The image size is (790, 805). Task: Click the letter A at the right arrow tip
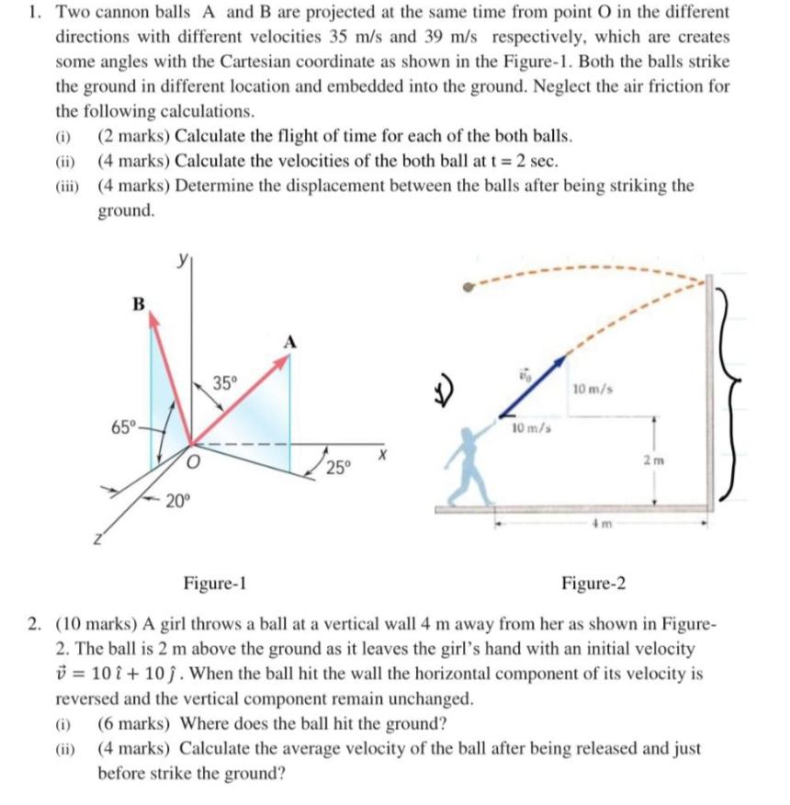[291, 342]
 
